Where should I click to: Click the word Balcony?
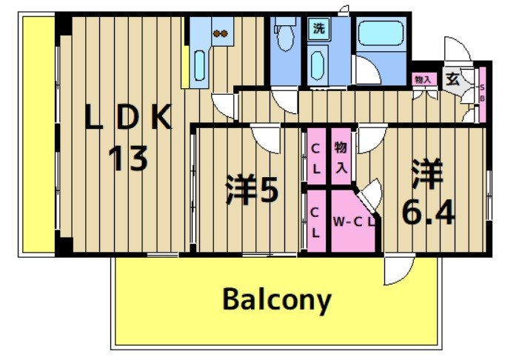(x=276, y=300)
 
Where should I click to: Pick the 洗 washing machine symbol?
(x=318, y=30)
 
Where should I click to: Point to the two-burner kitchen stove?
(x=220, y=33)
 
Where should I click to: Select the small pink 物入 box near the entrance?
(x=423, y=79)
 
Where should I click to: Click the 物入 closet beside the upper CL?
(x=341, y=158)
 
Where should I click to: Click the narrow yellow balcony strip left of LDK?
(x=37, y=133)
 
